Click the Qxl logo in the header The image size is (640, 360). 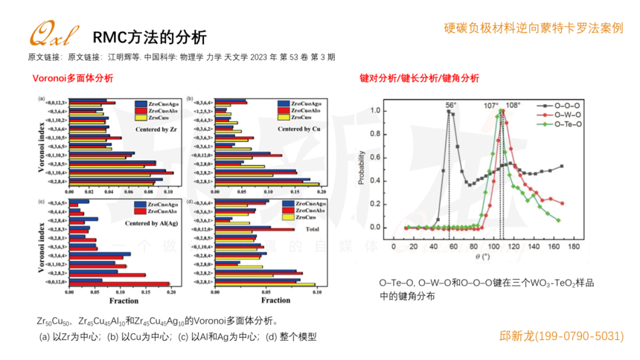[50, 33]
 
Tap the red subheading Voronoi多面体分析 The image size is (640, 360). [73, 78]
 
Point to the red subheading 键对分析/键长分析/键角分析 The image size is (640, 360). [419, 78]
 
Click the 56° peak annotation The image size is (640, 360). [450, 106]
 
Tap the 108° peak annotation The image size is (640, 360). [513, 105]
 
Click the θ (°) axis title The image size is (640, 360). [484, 257]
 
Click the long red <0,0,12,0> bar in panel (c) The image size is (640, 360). [119, 283]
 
